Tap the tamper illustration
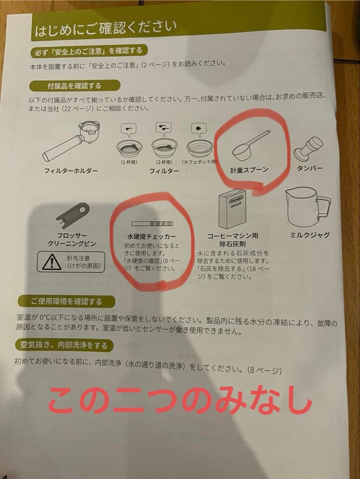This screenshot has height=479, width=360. (308, 149)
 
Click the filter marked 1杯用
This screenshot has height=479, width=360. (129, 149)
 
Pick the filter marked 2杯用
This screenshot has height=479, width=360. (165, 149)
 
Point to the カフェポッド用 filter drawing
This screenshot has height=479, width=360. (200, 149)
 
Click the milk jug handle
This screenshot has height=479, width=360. (324, 207)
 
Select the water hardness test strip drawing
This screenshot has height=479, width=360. (152, 224)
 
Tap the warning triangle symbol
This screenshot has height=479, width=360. (52, 262)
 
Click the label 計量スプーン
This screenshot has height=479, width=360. (249, 170)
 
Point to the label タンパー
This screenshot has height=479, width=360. (309, 168)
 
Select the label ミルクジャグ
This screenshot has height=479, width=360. (310, 235)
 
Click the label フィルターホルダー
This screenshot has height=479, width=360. (71, 170)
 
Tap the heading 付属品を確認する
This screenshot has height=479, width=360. (74, 86)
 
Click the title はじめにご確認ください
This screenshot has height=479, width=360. (106, 28)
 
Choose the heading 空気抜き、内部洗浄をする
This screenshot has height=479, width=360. (64, 345)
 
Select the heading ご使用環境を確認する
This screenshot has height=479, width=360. (67, 302)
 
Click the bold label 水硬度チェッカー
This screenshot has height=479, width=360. (151, 236)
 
